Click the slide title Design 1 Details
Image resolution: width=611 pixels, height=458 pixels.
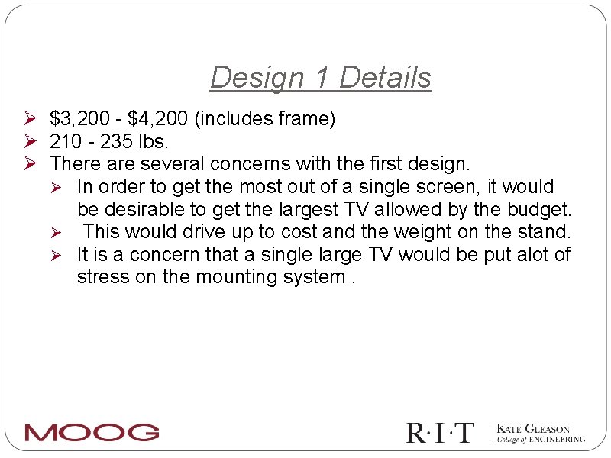coord(321,78)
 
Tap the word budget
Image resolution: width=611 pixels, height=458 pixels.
coord(538,209)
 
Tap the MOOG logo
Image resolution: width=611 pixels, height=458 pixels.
coord(92,432)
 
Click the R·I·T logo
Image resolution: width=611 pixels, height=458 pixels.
coord(440,433)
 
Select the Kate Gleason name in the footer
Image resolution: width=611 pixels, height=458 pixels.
coord(533,429)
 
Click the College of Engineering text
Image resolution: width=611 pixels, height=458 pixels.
coord(541,440)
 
